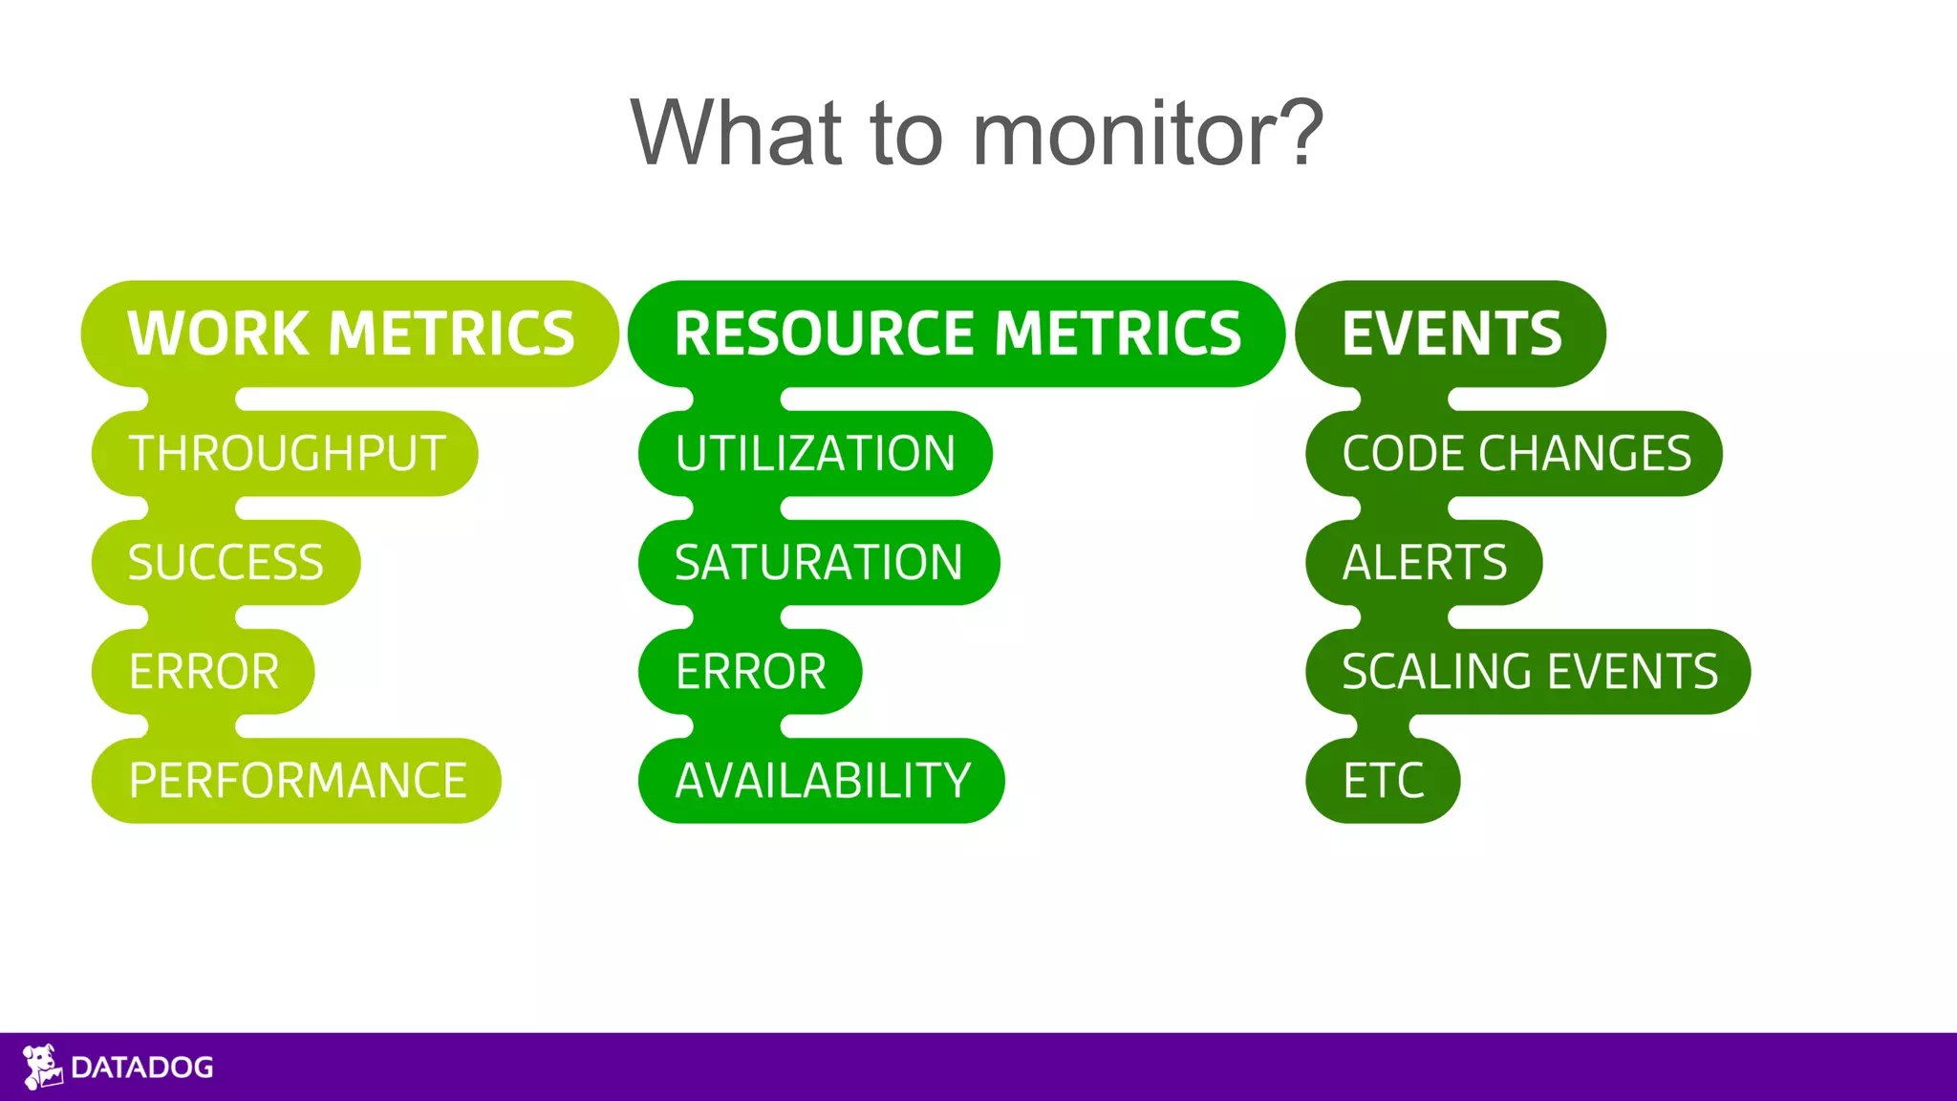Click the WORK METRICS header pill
[x=350, y=334]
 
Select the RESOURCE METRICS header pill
[x=957, y=334]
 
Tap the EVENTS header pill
[x=1451, y=334]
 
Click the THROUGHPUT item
[x=286, y=453]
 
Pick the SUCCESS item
[x=226, y=562]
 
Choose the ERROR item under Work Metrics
[x=204, y=671]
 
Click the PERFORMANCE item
[x=297, y=780]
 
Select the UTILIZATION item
[x=815, y=453]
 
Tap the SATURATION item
[x=819, y=562]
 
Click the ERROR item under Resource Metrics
[x=750, y=671]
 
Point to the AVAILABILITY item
[x=822, y=780]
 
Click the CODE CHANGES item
[x=1516, y=453]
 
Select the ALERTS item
[x=1424, y=562]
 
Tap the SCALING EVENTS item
[x=1529, y=671]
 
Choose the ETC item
[x=1383, y=780]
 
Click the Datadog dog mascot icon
[x=42, y=1067]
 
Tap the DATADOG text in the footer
[x=142, y=1068]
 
